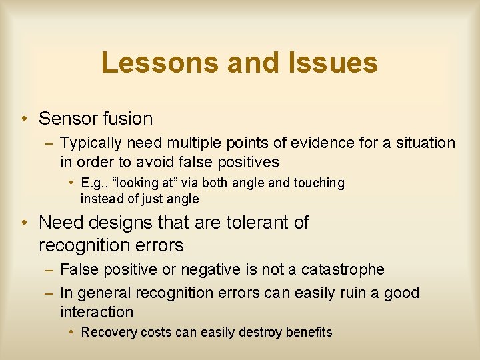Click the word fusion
(x=127, y=119)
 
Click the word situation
(x=425, y=143)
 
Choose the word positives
(x=245, y=162)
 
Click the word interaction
(x=97, y=311)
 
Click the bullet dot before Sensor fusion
(x=23, y=119)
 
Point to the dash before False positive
(x=49, y=269)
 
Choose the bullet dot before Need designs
(x=23, y=223)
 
